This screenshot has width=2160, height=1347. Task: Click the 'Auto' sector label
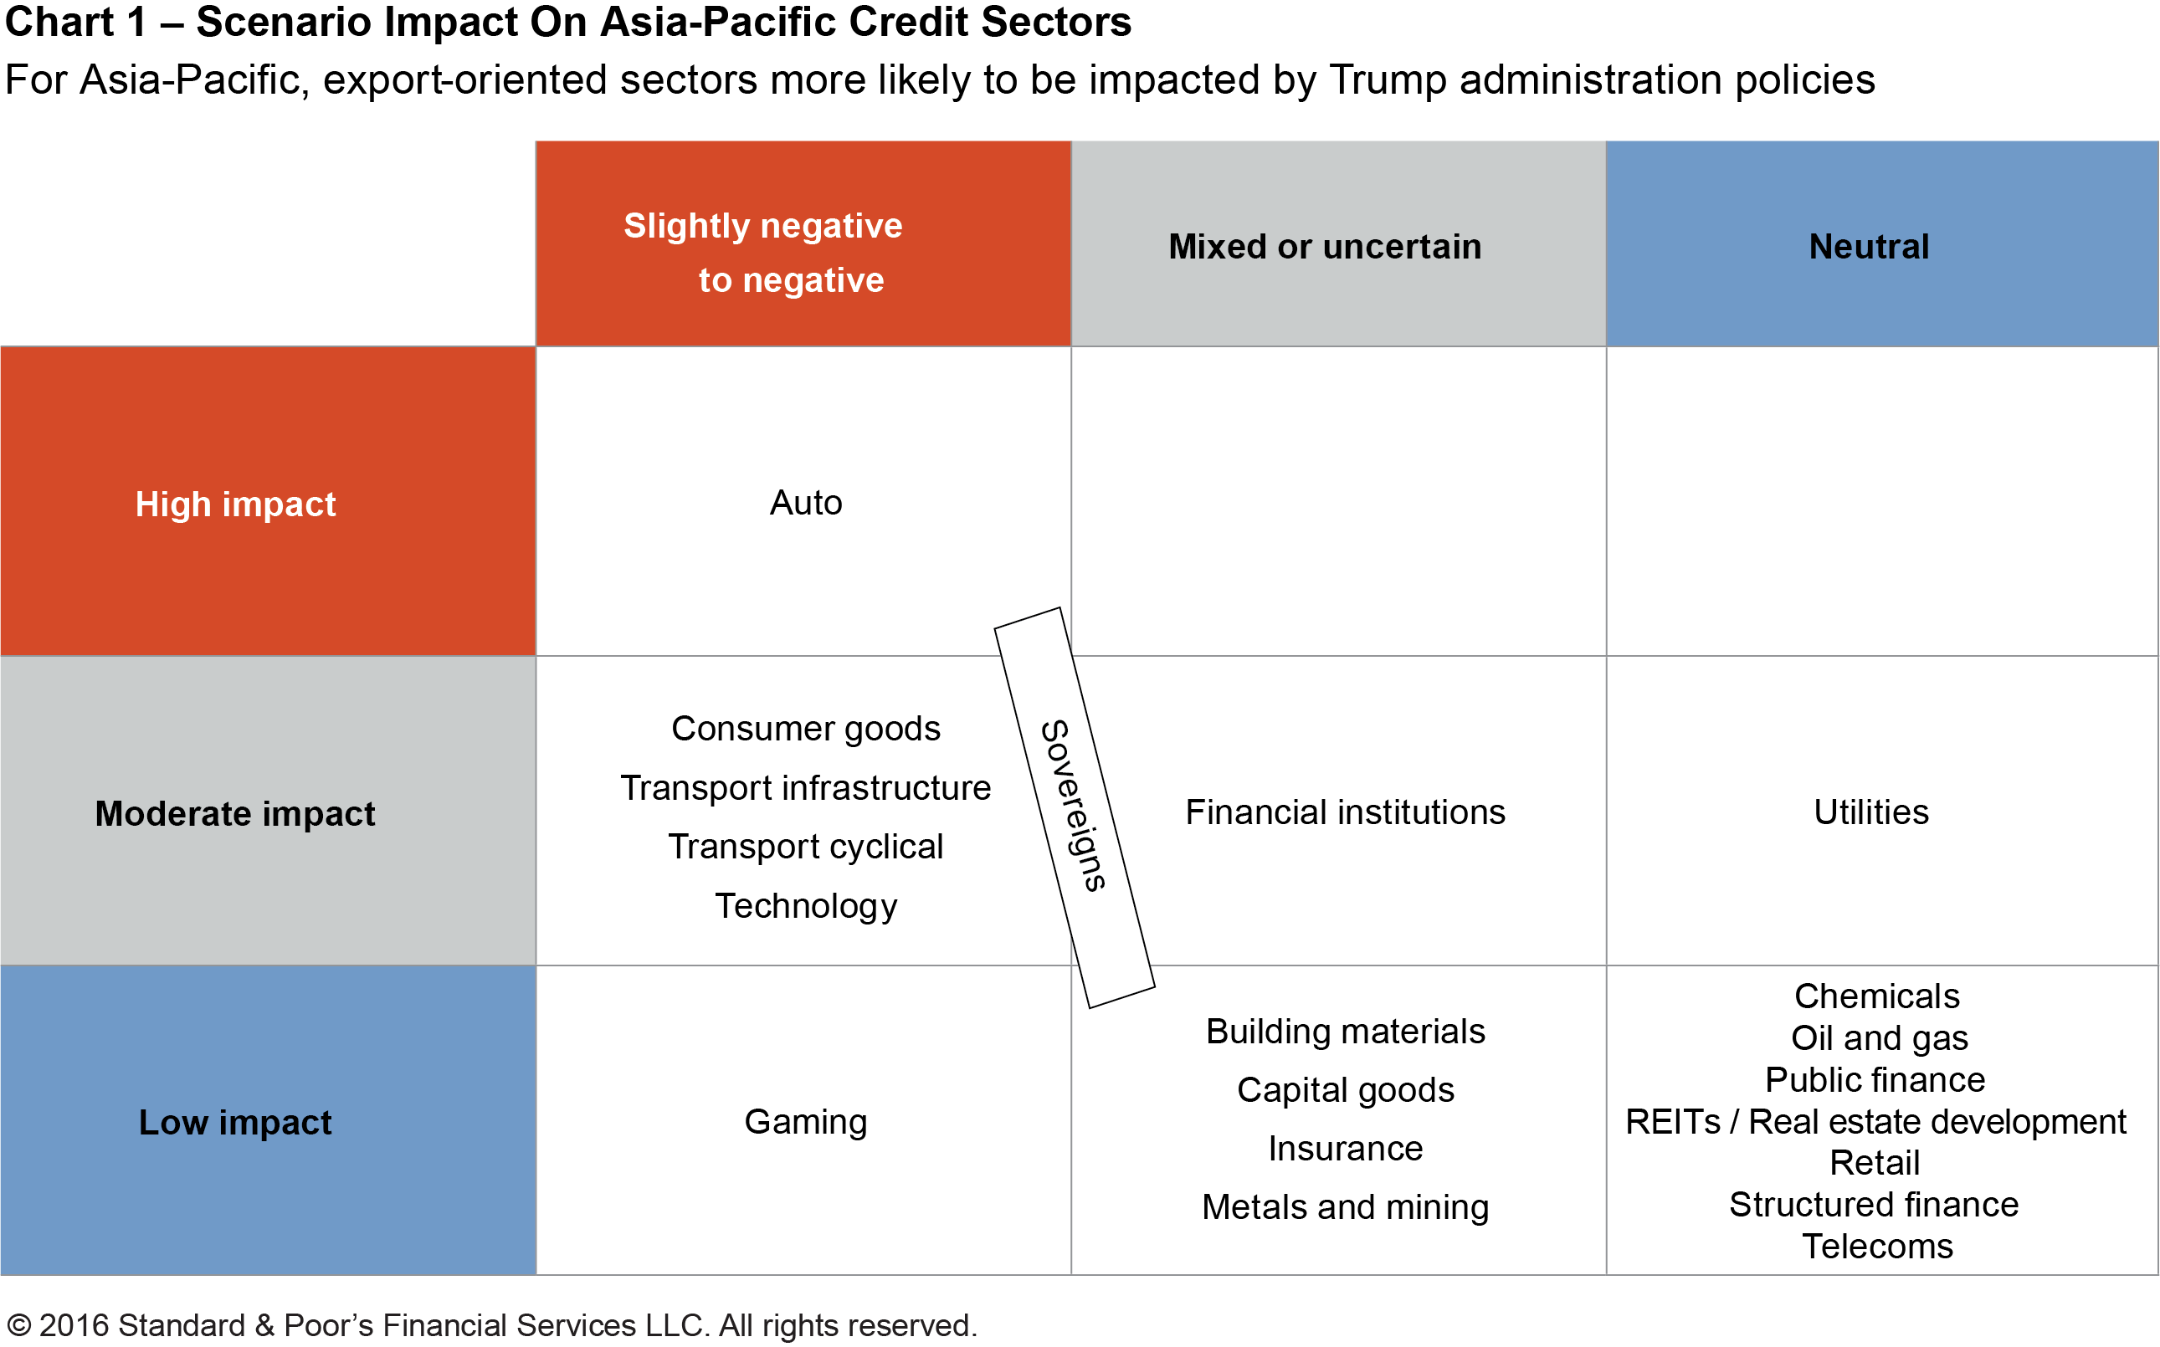click(806, 504)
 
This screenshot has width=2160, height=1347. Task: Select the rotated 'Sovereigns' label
click(1074, 807)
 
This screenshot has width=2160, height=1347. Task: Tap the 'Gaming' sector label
click(806, 1122)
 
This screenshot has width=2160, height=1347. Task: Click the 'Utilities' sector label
click(1871, 812)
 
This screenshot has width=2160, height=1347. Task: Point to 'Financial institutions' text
click(1345, 812)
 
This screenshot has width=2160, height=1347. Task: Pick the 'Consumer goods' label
click(806, 729)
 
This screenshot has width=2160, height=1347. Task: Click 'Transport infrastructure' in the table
click(806, 788)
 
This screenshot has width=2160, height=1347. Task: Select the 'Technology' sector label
click(806, 906)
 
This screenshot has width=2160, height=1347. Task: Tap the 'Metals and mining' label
click(1345, 1207)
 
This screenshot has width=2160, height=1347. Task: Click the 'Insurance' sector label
click(1345, 1149)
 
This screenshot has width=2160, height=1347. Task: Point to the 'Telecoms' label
click(1876, 1247)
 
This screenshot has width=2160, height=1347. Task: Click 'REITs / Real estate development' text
click(1875, 1122)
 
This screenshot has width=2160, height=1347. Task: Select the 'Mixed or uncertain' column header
click(1324, 247)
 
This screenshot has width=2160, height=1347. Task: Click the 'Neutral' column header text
click(1869, 247)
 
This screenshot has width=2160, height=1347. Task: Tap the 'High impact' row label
click(235, 504)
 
